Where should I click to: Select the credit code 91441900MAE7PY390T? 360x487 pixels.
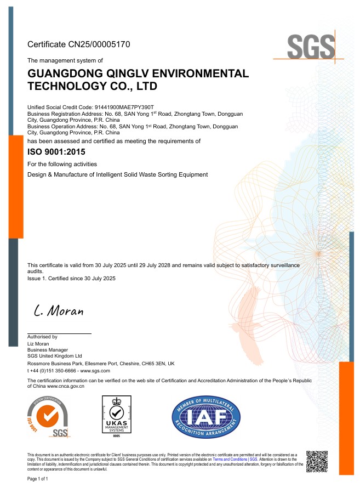tap(128, 106)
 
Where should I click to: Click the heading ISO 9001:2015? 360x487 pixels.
tap(56, 152)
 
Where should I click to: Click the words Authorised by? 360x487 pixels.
tap(42, 337)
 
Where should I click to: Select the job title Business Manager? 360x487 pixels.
tap(48, 350)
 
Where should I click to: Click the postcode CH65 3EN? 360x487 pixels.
tap(151, 364)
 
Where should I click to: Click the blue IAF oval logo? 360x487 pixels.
tap(206, 418)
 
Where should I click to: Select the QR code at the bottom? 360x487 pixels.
tap(317, 461)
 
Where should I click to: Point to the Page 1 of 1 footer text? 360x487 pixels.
tap(38, 479)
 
